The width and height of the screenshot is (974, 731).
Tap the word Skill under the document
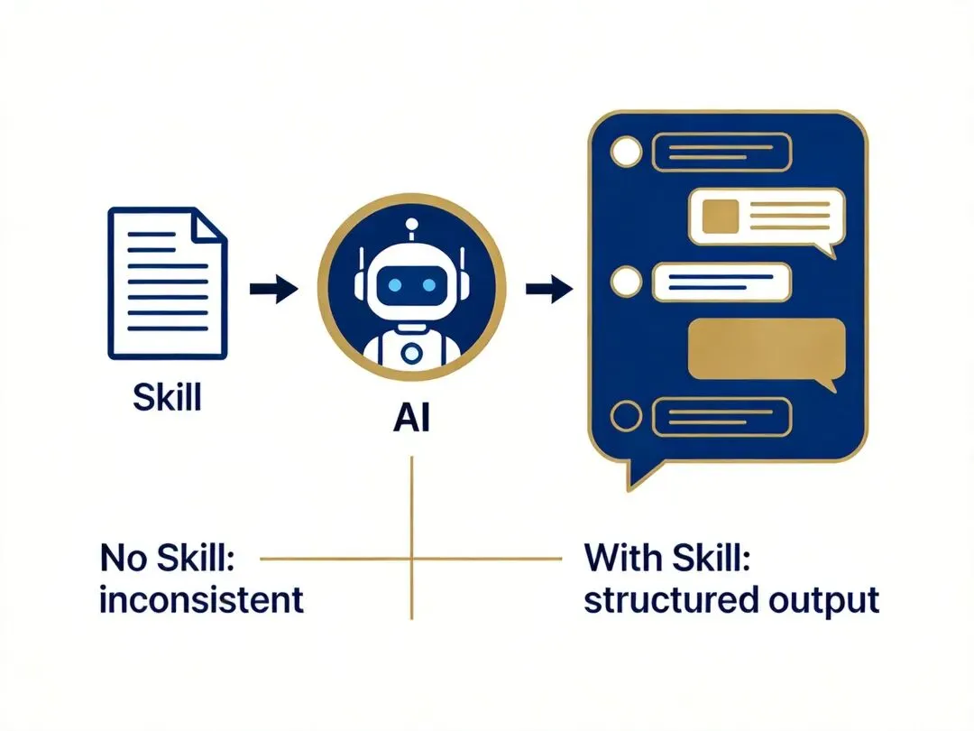167,396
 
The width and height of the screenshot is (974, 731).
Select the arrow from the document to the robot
272,290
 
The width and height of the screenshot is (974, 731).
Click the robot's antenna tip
412,222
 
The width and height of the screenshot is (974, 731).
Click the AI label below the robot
411,419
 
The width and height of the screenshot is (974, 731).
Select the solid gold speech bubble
767,349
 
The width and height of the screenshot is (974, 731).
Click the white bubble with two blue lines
721,281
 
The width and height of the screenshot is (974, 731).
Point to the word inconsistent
201,599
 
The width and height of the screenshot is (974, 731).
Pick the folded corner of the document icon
214,225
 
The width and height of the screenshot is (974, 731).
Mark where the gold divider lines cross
411,560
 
